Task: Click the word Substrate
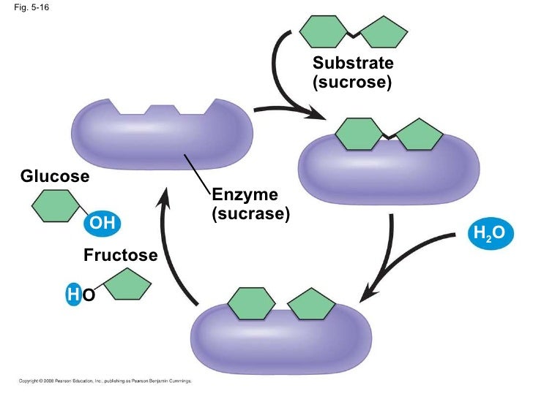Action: (352, 63)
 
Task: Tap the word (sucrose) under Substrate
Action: (352, 82)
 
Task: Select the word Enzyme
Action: (245, 195)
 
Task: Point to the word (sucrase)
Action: (250, 215)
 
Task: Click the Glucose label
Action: (55, 177)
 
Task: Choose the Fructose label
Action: (120, 256)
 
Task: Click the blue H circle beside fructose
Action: (72, 294)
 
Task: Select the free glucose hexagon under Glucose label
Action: (54, 205)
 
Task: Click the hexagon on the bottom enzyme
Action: (248, 304)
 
